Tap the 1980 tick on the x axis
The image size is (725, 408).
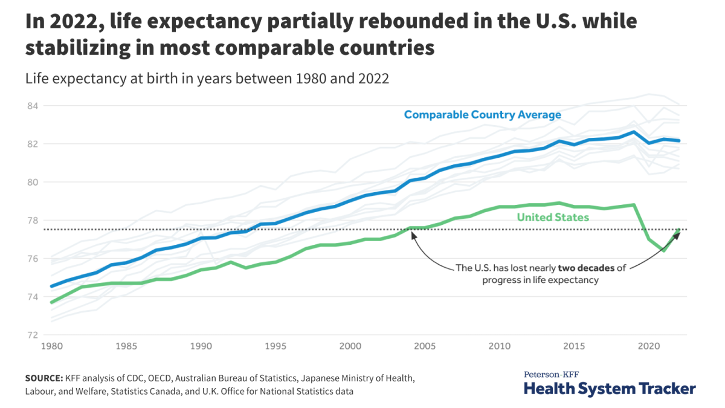[x=51, y=346]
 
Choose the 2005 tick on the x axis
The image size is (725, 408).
[x=425, y=346]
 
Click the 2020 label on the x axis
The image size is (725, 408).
[x=648, y=346]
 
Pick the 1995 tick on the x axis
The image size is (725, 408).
[x=275, y=346]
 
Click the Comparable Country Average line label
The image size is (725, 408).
[x=482, y=114]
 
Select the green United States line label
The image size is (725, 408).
[x=553, y=217]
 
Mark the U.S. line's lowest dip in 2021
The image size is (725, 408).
[x=664, y=250]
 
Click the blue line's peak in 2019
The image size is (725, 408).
[x=634, y=132]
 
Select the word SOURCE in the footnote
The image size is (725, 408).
[x=43, y=378]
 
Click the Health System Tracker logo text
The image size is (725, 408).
[x=609, y=388]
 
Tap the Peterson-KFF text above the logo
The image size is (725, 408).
[x=552, y=374]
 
